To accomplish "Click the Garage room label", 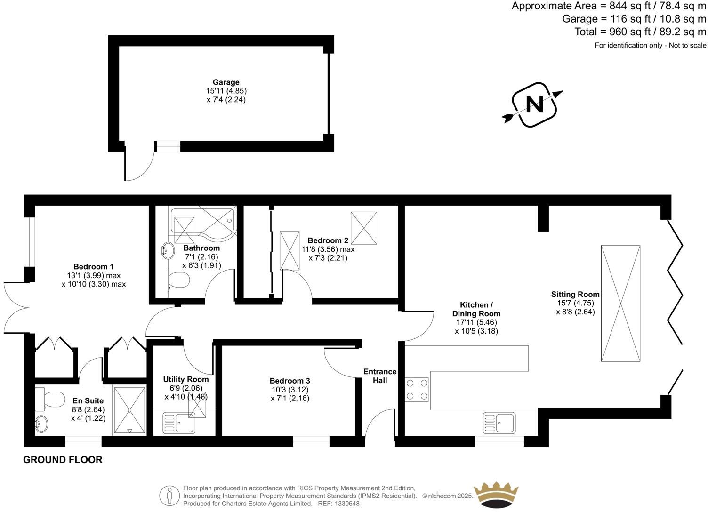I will click(226, 82).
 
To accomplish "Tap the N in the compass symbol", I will click(534, 104).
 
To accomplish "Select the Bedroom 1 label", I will click(93, 267).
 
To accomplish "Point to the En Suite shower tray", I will click(129, 410).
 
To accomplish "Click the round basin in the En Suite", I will click(42, 424).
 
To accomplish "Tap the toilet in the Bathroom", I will click(179, 281).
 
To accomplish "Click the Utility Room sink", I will click(179, 423).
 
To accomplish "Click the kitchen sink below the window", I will click(499, 422).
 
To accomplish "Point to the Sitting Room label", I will click(575, 295).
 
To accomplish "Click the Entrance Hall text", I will click(380, 376).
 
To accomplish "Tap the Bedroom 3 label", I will click(290, 381).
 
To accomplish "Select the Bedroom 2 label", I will click(328, 240).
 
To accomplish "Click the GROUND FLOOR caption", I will click(63, 460).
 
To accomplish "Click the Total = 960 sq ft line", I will click(640, 32).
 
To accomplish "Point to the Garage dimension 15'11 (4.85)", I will click(226, 91).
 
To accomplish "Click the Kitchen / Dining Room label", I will click(476, 309).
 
